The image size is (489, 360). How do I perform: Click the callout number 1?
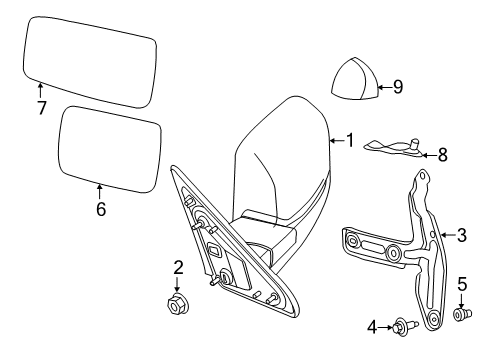point(349,141)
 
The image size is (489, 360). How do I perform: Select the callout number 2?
point(177,267)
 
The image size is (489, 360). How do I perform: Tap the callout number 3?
point(461,236)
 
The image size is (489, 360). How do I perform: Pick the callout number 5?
point(461,285)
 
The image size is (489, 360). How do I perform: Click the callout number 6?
point(100,209)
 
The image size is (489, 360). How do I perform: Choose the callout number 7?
point(41,107)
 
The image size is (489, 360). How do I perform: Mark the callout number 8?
point(442,154)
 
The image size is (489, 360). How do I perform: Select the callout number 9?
point(397,87)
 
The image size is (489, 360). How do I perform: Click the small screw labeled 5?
point(462,315)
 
